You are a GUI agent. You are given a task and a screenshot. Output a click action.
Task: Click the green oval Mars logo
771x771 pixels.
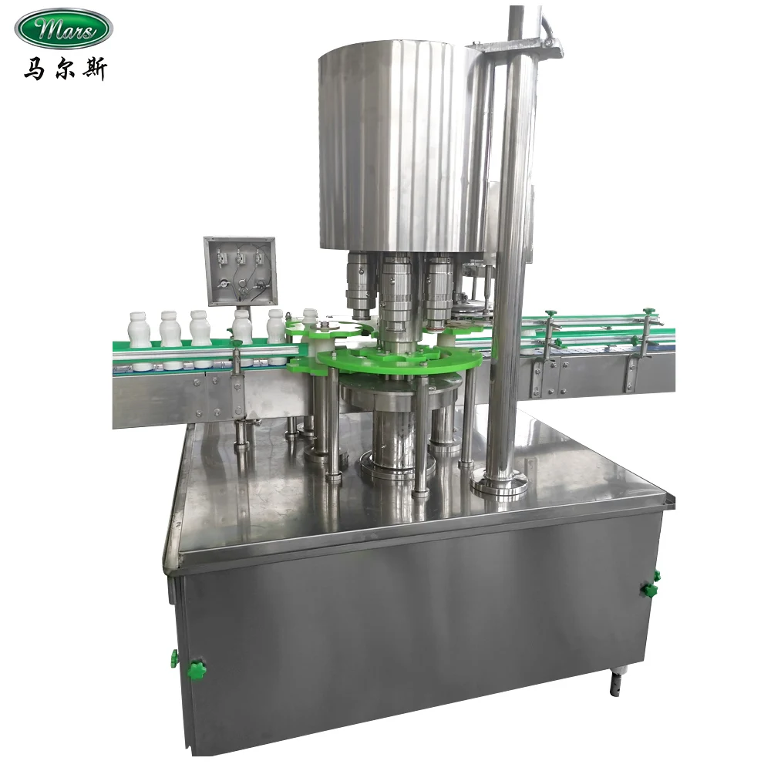64,29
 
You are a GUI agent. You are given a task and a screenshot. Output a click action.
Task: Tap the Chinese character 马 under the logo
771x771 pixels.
33,69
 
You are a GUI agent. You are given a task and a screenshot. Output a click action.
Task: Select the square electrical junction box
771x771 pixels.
239,271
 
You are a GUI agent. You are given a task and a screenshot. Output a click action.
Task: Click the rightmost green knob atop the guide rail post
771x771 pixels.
648,312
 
